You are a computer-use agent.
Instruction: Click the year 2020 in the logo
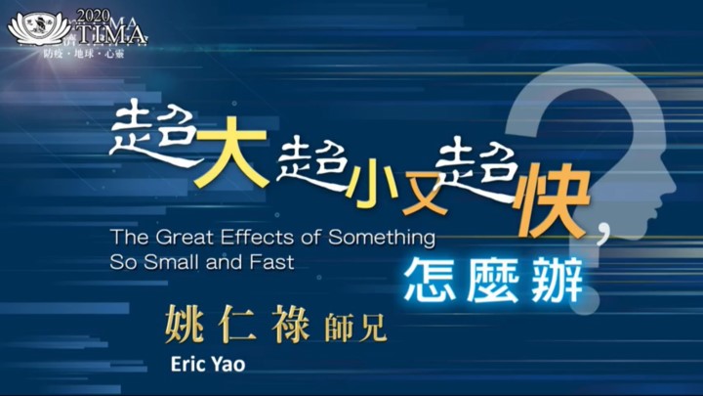click(x=94, y=17)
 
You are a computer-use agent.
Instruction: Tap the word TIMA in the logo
click(x=110, y=34)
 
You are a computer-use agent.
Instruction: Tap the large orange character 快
click(x=553, y=199)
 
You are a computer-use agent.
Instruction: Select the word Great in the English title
click(x=185, y=237)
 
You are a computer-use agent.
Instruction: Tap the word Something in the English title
click(x=382, y=238)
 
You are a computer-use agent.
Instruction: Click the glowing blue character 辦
click(x=558, y=281)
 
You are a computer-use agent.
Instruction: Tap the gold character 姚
click(x=185, y=324)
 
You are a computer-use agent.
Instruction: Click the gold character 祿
click(x=291, y=324)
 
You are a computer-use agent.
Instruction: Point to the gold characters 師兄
click(x=355, y=328)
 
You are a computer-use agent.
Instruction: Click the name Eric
click(x=186, y=364)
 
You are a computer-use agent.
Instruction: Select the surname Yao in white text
click(x=227, y=364)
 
